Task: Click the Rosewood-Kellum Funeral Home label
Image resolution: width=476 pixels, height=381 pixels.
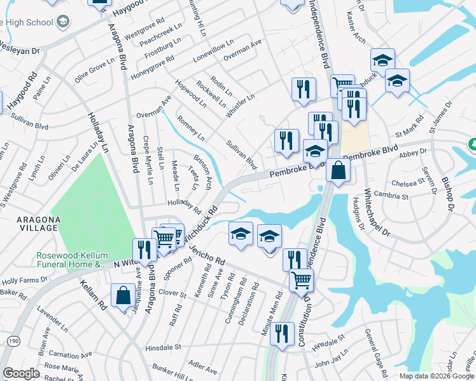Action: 70,260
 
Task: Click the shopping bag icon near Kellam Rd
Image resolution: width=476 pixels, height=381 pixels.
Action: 123,297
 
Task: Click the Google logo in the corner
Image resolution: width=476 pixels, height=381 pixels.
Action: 21,373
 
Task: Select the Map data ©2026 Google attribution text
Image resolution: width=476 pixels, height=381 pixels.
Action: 436,376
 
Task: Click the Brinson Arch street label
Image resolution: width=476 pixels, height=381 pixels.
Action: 203,169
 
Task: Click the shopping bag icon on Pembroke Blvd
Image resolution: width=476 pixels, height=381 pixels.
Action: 338,170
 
